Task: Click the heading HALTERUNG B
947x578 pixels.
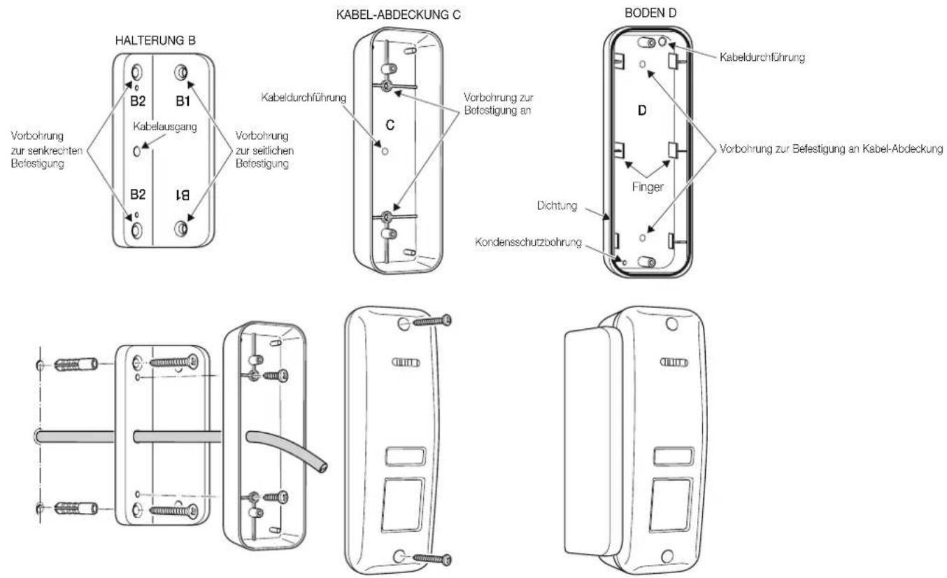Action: point(155,41)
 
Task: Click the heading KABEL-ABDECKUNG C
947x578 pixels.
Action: point(398,15)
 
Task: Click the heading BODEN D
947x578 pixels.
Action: point(650,13)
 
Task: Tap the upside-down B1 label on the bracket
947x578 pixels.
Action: point(183,195)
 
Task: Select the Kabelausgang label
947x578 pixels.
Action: point(165,127)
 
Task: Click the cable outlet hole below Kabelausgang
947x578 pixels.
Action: point(136,151)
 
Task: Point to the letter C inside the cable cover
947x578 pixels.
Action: point(390,125)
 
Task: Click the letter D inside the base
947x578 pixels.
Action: point(642,111)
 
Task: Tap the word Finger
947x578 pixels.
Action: point(648,187)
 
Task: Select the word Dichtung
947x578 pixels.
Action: point(557,206)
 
